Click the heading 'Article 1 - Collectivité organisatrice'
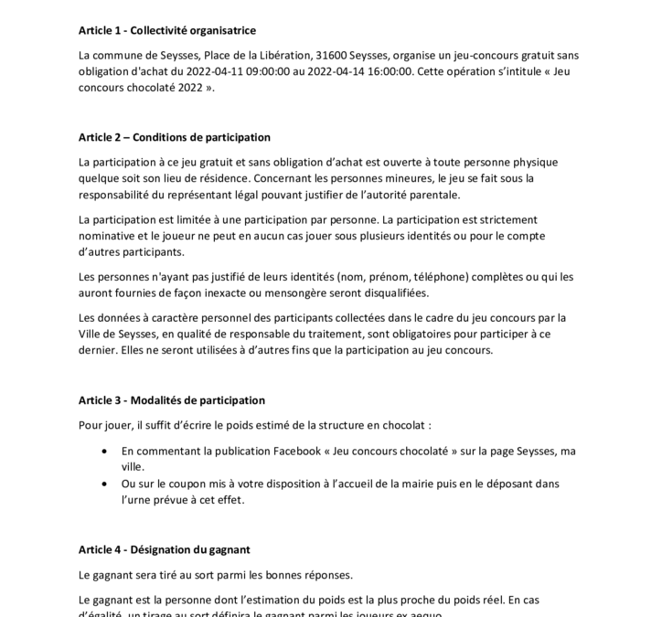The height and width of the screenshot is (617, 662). pyautogui.click(x=168, y=30)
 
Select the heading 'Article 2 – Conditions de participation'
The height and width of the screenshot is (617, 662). pyautogui.click(x=175, y=137)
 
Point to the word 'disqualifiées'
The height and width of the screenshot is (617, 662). pyautogui.click(x=399, y=293)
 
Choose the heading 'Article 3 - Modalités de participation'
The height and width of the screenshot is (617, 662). pyautogui.click(x=172, y=400)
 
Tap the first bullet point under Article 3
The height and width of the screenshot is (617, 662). pyautogui.click(x=109, y=451)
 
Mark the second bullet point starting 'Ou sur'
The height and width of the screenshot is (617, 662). pyautogui.click(x=109, y=484)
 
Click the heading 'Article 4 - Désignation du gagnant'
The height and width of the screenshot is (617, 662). pyautogui.click(x=165, y=549)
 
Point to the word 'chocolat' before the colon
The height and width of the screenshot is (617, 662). pyautogui.click(x=400, y=425)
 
